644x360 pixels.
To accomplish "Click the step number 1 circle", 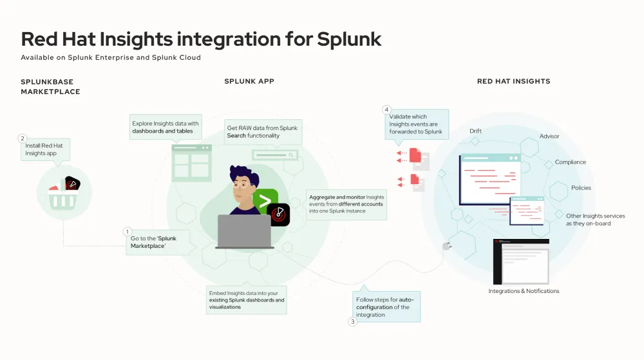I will (x=127, y=231).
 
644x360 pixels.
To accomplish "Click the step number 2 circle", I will (x=23, y=138).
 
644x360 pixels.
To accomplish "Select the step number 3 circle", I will (x=353, y=321).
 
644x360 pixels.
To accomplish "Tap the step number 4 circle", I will (x=386, y=109).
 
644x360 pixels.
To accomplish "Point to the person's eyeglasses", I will (x=241, y=184).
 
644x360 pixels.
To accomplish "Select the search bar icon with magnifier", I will (x=275, y=155).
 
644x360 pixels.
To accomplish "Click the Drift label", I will (x=475, y=131).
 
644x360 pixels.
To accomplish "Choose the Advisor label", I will (x=549, y=137).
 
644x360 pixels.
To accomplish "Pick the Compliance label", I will (x=570, y=162).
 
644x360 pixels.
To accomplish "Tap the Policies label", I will (x=580, y=188).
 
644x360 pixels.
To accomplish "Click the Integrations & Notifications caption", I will (x=524, y=291).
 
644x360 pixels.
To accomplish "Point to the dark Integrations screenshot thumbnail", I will (x=521, y=261).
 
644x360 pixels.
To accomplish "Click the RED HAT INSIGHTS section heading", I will (x=513, y=82).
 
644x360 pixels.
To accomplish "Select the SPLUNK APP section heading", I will (x=249, y=81).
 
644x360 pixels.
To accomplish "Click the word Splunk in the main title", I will (x=349, y=39).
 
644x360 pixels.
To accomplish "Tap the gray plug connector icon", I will (x=446, y=246).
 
